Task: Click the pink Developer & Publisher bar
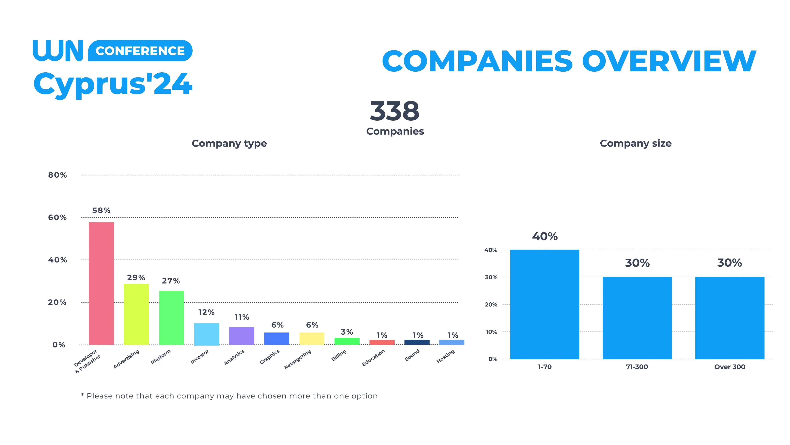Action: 101,283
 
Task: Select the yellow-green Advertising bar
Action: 136,314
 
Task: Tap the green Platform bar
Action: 171,318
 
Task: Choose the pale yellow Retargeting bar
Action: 312,338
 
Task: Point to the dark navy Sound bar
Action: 417,342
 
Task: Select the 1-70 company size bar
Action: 545,304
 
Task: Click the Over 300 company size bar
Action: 730,318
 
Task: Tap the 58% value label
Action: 101,211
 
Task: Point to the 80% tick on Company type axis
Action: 57,175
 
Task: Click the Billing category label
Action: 339,355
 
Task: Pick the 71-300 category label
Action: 637,367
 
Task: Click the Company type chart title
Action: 229,143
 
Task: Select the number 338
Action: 395,111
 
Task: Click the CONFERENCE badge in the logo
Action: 140,51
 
